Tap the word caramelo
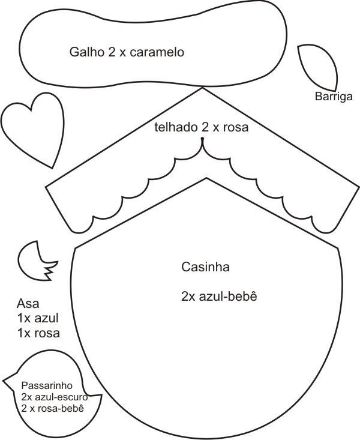tap(157, 52)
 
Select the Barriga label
tap(334, 96)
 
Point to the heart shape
tap(33, 120)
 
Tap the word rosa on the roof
tap(235, 127)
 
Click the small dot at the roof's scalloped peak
tap(203, 140)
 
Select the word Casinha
tap(205, 267)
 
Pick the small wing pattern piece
tap(35, 261)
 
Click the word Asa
tap(28, 304)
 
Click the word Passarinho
tap(47, 385)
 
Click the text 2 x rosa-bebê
tap(52, 408)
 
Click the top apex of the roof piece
tap(203, 88)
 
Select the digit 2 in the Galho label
tap(112, 52)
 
